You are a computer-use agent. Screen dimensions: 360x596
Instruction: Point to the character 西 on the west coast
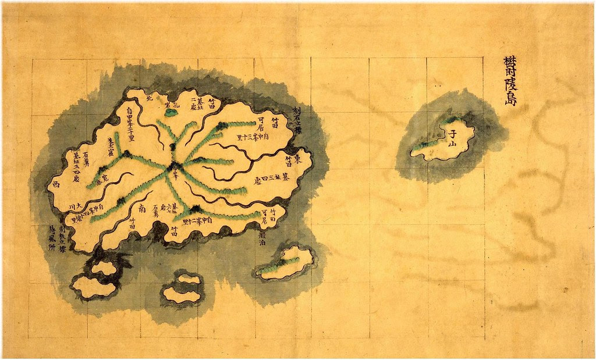(x=56, y=184)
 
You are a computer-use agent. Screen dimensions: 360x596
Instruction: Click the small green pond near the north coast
(x=170, y=112)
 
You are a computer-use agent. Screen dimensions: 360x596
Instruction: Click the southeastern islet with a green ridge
(x=284, y=263)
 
